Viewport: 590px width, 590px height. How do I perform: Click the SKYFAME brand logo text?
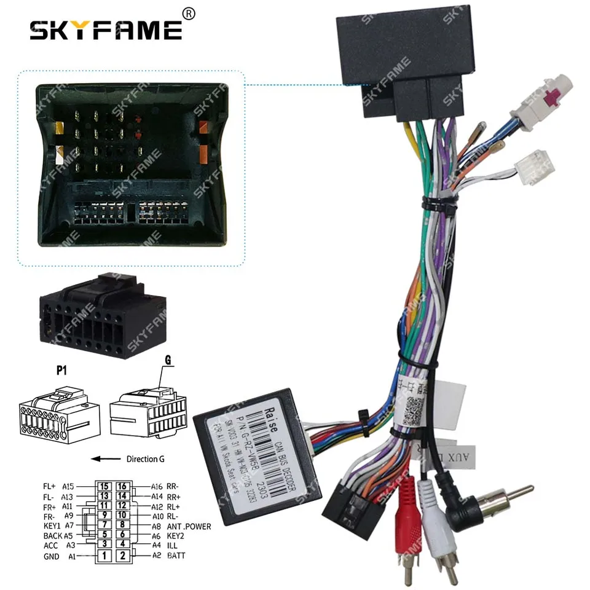(106, 29)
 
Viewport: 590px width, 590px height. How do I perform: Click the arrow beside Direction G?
(105, 458)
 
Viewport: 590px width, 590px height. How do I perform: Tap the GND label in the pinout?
(52, 557)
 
